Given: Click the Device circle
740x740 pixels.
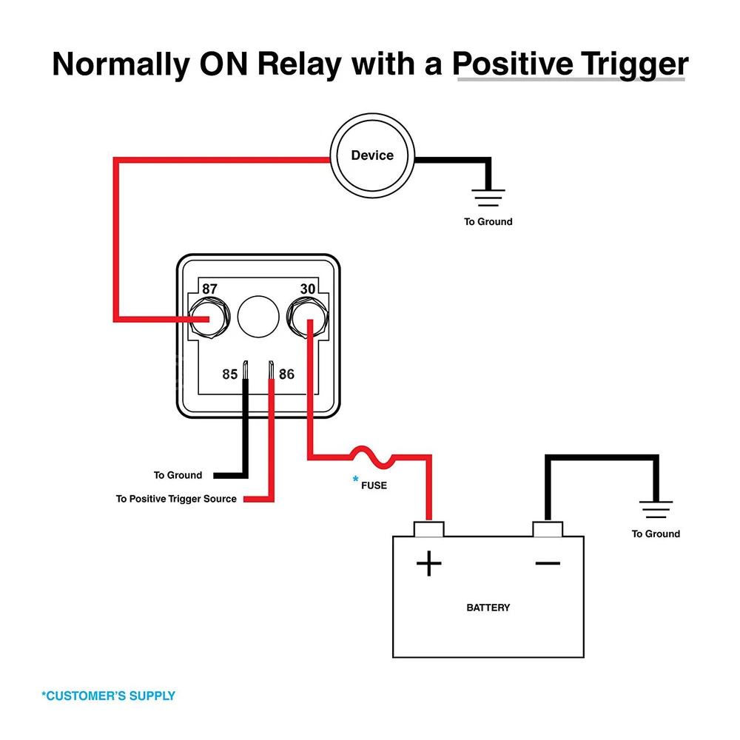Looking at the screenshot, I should [372, 155].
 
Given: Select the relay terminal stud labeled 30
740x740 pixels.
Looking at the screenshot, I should [307, 317].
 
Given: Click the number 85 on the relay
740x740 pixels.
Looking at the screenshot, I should [230, 374].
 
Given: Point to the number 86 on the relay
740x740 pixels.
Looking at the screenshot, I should [286, 374].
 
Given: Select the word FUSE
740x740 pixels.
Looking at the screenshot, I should [374, 485].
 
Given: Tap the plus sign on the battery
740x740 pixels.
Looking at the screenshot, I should [428, 565].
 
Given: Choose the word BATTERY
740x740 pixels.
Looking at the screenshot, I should [488, 608].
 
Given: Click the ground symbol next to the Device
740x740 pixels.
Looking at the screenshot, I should [488, 198].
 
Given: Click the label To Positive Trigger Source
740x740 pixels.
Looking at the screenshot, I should [176, 499].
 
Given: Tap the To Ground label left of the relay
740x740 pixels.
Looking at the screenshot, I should [178, 475].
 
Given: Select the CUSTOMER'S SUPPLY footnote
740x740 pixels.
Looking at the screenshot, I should [108, 696].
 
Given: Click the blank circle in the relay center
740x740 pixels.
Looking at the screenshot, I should [258, 317].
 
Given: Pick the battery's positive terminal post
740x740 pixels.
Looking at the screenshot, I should [428, 528].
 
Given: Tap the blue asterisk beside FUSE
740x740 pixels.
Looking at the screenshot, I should [356, 480].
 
